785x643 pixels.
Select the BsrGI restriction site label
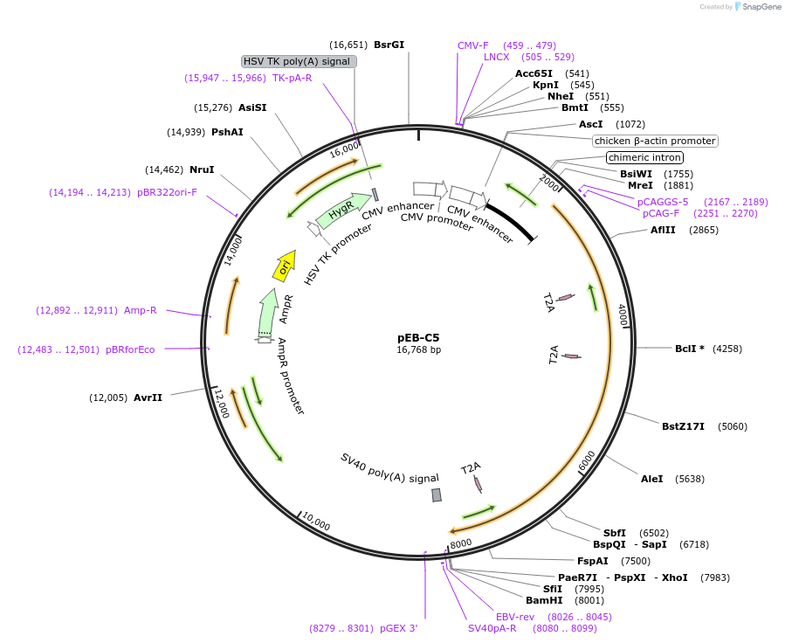(389, 45)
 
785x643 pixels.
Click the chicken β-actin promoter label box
(654, 141)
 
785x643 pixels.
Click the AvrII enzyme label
(148, 398)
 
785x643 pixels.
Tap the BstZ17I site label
(683, 426)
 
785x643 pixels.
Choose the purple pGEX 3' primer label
(398, 628)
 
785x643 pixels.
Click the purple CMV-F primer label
(473, 45)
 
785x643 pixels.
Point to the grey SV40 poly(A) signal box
(437, 494)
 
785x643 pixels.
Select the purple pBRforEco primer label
(130, 349)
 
